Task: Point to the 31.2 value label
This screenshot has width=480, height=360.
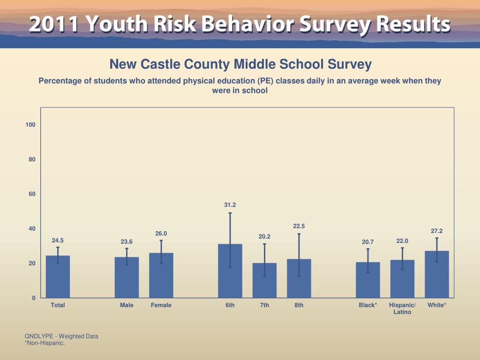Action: click(230, 205)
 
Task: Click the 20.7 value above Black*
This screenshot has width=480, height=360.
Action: click(368, 242)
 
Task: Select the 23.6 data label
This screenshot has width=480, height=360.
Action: click(127, 242)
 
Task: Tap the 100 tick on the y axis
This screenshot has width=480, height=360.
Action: click(30, 125)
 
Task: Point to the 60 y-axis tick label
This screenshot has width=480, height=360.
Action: click(32, 194)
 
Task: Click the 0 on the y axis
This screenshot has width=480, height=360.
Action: click(34, 298)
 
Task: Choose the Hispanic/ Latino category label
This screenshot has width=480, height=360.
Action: click(402, 308)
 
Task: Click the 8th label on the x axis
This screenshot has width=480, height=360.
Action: click(299, 305)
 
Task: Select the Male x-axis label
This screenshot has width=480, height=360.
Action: click(127, 305)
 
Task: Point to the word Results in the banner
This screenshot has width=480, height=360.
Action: click(412, 24)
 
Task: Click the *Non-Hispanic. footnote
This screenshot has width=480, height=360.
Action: click(45, 343)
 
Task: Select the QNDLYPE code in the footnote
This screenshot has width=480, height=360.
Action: click(40, 336)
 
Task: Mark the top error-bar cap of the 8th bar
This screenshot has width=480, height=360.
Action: click(299, 234)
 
